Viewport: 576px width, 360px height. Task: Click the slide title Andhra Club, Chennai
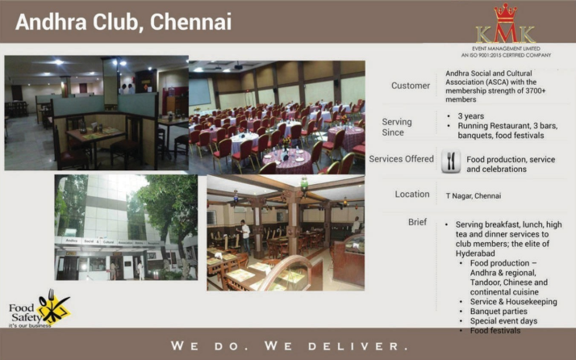coord(123,22)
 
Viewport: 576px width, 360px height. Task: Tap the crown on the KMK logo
coord(505,14)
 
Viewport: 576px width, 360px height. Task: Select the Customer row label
coord(411,86)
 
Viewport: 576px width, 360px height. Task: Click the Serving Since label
coord(397,127)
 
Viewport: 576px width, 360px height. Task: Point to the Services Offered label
coord(401,159)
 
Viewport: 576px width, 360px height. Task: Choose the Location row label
coord(412,194)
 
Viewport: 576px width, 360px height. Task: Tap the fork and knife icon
coord(451,163)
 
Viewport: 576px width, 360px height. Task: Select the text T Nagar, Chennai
coord(474,195)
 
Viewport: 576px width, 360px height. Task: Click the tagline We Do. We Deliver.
coord(288,346)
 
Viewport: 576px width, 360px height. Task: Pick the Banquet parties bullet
coord(498,311)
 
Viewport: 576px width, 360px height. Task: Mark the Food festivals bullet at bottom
coord(496,331)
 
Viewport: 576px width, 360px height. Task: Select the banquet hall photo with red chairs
coord(277,114)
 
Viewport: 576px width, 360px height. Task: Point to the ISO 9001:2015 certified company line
coord(505,55)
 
